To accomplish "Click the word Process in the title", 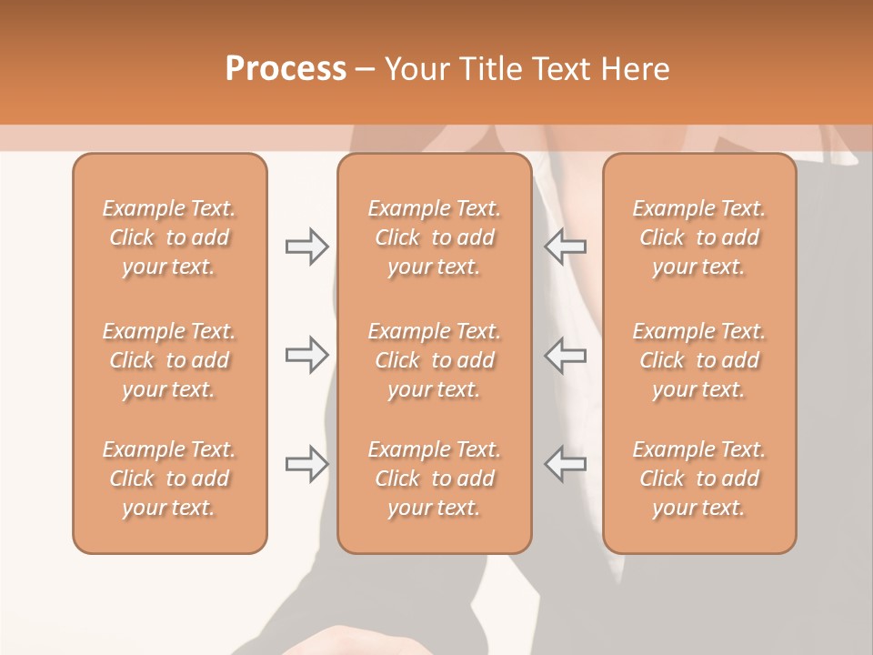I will (286, 68).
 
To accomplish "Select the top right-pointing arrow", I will (306, 247).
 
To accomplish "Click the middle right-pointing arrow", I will (306, 355).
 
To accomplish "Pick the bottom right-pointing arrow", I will (306, 464).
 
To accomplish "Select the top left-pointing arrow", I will (566, 247).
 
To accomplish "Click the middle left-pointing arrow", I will (566, 355).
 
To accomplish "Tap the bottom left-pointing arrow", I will (566, 464).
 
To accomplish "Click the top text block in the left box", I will (169, 237).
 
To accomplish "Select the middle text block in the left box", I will (169, 360).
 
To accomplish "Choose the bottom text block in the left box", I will (169, 479).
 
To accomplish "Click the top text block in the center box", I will (434, 237).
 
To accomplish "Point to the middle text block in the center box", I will (434, 360).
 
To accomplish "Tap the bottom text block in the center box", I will (434, 479).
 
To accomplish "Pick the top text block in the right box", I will (699, 237).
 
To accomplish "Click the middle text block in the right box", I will (699, 360).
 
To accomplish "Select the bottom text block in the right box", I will (699, 479).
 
